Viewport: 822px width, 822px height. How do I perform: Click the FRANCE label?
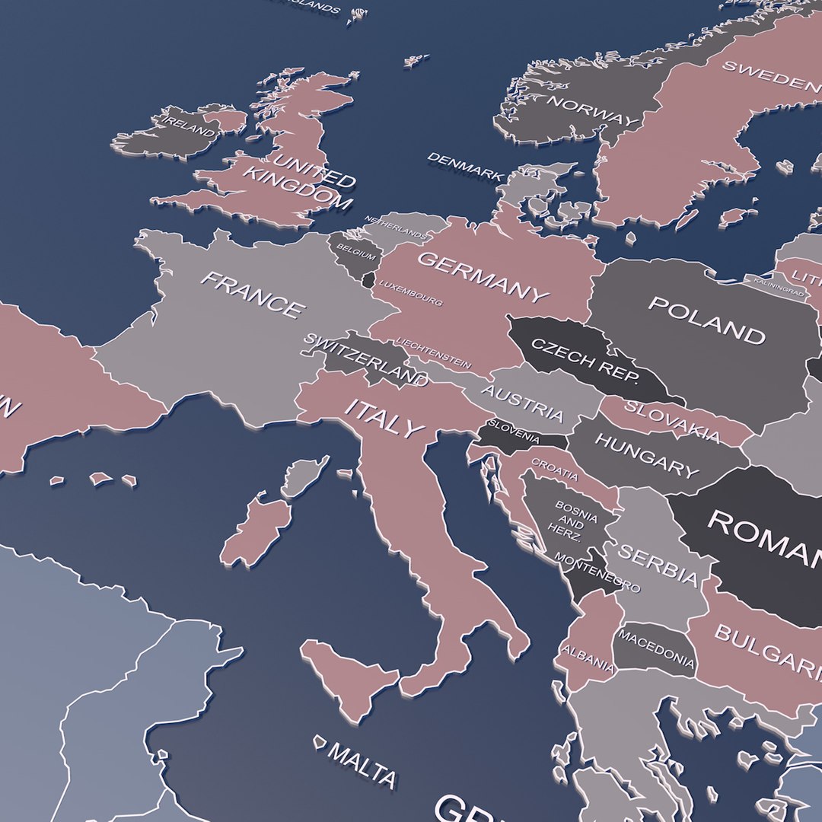(x=252, y=295)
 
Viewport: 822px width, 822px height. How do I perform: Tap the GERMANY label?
(x=483, y=277)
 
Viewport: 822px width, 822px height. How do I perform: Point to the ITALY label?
(x=384, y=417)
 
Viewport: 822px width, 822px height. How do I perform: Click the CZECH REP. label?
(x=585, y=361)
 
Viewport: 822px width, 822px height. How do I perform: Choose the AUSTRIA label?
(x=523, y=403)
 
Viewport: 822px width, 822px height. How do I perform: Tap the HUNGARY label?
(x=646, y=454)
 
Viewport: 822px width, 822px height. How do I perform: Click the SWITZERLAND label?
(x=365, y=358)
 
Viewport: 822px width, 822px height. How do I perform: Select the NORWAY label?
(x=591, y=111)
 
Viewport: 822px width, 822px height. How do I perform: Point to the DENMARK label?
(x=465, y=166)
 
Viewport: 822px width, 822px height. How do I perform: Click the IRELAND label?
(x=190, y=126)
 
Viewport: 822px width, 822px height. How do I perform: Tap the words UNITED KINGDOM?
(x=299, y=180)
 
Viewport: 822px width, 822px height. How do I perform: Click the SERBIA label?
(x=657, y=564)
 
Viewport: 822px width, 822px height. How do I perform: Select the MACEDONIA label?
(x=657, y=647)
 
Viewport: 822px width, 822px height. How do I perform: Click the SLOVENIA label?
(x=515, y=432)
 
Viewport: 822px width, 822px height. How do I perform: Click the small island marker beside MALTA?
(x=320, y=741)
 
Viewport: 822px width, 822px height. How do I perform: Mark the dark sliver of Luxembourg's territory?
(x=369, y=280)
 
